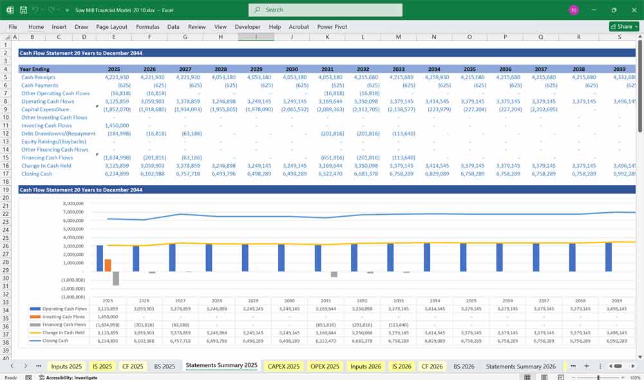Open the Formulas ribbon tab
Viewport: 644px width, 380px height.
click(x=147, y=27)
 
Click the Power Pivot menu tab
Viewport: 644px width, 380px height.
click(x=332, y=27)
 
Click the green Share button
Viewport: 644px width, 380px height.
click(x=624, y=26)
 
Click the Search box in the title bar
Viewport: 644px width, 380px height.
click(x=325, y=10)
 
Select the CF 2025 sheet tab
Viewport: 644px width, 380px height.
click(x=133, y=366)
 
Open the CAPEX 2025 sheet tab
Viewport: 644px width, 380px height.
click(x=284, y=366)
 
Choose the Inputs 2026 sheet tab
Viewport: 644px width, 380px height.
click(x=365, y=366)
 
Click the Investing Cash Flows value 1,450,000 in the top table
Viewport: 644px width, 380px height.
click(x=117, y=125)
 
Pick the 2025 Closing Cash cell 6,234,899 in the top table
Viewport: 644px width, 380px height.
click(x=117, y=174)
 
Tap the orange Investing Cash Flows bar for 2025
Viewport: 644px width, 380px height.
click(x=108, y=265)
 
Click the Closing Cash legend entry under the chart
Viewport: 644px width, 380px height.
click(x=55, y=341)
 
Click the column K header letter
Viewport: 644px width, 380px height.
click(x=327, y=37)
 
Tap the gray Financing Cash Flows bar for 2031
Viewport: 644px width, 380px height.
click(x=334, y=275)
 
